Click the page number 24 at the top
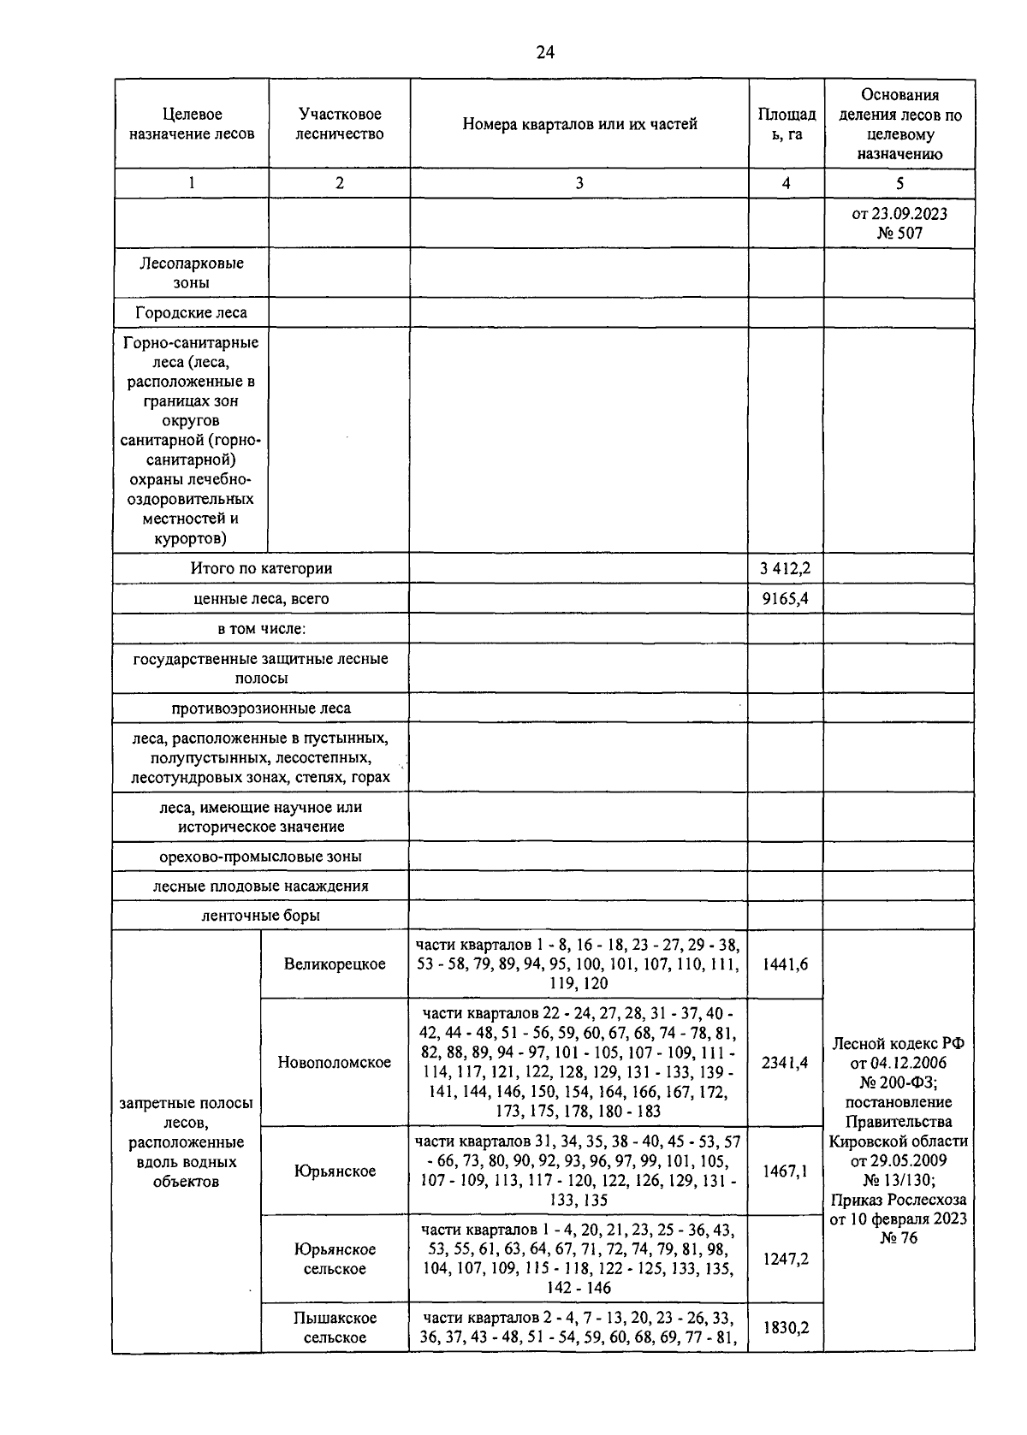[x=545, y=53]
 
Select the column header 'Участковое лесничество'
[x=340, y=124]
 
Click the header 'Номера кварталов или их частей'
[x=579, y=124]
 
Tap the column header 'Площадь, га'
[x=786, y=124]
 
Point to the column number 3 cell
[x=579, y=183]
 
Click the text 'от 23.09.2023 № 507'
[x=899, y=222]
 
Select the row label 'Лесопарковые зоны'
[x=191, y=273]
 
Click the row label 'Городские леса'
[x=191, y=312]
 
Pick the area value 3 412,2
[x=785, y=568]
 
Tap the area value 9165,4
[x=785, y=599]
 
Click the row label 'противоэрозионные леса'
[x=260, y=709]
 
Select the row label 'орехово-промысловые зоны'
[x=260, y=857]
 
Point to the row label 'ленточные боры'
[x=260, y=916]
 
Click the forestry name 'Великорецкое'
[x=335, y=964]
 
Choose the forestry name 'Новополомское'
[x=335, y=1063]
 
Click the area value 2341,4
[x=785, y=1063]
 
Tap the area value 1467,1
[x=785, y=1171]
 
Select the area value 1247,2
[x=785, y=1259]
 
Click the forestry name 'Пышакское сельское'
[x=335, y=1327]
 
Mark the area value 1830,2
[x=785, y=1327]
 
